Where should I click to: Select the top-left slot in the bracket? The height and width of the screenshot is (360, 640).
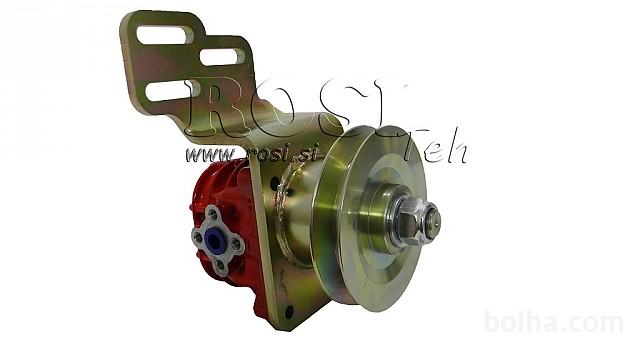coord(164,35)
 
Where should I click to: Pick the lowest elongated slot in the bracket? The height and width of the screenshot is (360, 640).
coord(170,91)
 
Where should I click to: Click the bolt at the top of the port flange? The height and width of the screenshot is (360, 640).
coord(212,213)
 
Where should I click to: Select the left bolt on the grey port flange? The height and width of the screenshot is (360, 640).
coord(198,237)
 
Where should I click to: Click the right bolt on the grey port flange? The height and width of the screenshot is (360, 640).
coord(236,244)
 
